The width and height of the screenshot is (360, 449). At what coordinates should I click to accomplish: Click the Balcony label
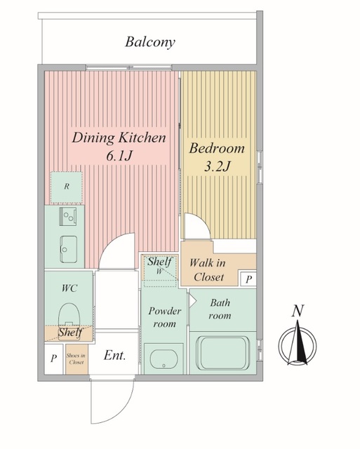pyautogui.click(x=149, y=42)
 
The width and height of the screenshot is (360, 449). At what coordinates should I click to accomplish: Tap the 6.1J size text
pyautogui.click(x=119, y=156)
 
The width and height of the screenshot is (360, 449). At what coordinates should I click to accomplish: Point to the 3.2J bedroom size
pyautogui.click(x=217, y=166)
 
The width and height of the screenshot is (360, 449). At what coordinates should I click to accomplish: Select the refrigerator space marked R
pyautogui.click(x=67, y=187)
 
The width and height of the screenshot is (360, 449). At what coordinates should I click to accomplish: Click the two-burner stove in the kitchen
pyautogui.click(x=68, y=217)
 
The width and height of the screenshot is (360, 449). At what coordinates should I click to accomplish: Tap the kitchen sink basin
pyautogui.click(x=69, y=249)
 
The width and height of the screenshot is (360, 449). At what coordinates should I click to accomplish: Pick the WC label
pyautogui.click(x=69, y=288)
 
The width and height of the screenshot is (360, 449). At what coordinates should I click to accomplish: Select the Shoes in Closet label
pyautogui.click(x=76, y=358)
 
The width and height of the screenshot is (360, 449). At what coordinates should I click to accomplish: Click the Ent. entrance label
pyautogui.click(x=114, y=356)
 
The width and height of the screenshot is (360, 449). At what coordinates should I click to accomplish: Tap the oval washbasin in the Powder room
pyautogui.click(x=164, y=358)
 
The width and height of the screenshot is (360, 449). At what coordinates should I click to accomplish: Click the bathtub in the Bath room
pyautogui.click(x=223, y=353)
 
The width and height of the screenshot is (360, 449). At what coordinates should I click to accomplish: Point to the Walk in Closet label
pyautogui.click(x=208, y=270)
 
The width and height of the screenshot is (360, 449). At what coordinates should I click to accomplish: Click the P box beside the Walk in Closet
pyautogui.click(x=248, y=279)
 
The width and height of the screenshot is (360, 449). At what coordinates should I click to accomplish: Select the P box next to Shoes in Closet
pyautogui.click(x=53, y=358)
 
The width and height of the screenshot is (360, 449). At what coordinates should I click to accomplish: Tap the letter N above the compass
pyautogui.click(x=298, y=311)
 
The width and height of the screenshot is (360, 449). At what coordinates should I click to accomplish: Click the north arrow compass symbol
pyautogui.click(x=298, y=344)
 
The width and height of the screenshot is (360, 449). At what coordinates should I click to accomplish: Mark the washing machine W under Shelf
pyautogui.click(x=159, y=271)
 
